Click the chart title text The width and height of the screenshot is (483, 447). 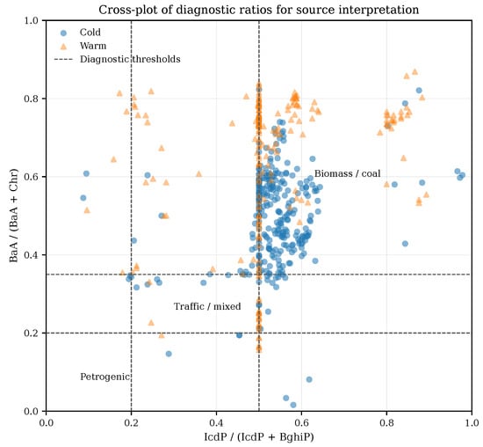click(x=258, y=10)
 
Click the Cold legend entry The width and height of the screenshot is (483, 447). click(x=81, y=33)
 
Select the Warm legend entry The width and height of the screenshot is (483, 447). click(x=83, y=46)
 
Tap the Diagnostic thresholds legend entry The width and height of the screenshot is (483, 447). click(x=117, y=59)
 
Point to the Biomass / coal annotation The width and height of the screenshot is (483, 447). click(x=347, y=173)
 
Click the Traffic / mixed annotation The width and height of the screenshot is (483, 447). click(x=207, y=306)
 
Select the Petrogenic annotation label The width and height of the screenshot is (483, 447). click(x=105, y=377)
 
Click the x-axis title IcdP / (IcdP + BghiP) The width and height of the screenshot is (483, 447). click(x=259, y=437)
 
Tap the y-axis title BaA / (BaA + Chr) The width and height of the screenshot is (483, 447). click(x=13, y=216)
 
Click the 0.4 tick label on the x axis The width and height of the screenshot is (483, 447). click(x=216, y=422)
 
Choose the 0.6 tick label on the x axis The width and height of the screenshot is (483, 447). click(x=301, y=422)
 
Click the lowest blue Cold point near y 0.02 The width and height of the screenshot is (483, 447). click(x=293, y=405)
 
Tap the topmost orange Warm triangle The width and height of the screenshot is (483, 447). click(x=415, y=72)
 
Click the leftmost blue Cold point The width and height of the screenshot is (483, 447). click(x=83, y=198)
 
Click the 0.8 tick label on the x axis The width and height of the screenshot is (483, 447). click(x=386, y=422)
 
